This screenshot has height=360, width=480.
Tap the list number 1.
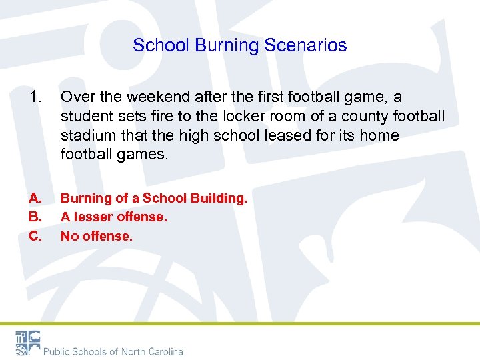35,97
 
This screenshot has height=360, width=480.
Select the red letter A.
35,198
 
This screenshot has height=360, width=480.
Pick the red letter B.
35,217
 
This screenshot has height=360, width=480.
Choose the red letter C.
35,235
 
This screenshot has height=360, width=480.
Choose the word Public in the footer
59,351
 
